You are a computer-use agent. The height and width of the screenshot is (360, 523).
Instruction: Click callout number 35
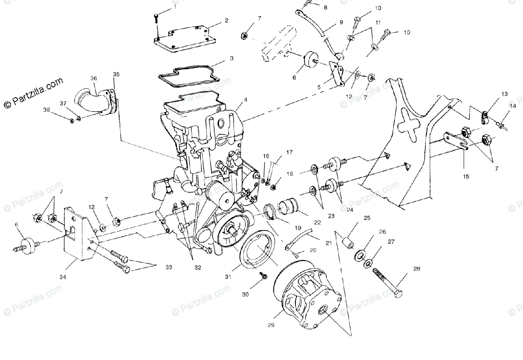tap(115, 74)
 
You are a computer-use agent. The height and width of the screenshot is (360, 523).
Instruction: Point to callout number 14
tap(513, 106)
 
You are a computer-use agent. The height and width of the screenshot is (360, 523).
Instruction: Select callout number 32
tap(197, 268)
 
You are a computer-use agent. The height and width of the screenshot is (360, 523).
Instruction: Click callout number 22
tap(317, 223)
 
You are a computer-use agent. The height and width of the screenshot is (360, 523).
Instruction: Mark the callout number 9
tap(341, 21)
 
